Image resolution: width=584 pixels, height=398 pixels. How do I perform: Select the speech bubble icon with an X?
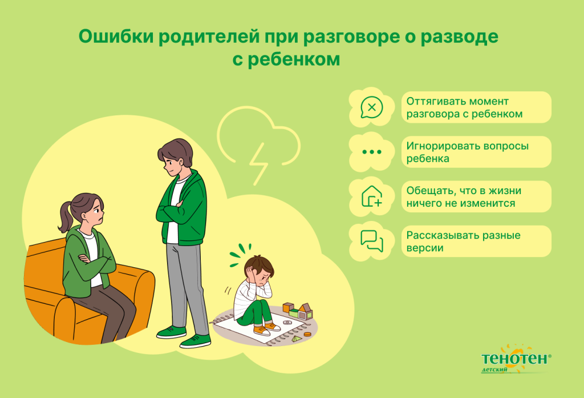click(x=371, y=107)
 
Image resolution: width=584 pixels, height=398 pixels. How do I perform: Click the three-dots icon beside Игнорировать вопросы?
click(x=371, y=152)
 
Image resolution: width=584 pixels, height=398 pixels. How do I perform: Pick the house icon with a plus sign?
click(x=371, y=196)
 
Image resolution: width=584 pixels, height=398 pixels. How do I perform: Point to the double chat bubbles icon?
click(x=371, y=241)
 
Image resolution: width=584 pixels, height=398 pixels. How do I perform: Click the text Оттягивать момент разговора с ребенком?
click(x=464, y=107)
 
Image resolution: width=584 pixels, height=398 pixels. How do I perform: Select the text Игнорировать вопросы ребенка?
click(x=467, y=152)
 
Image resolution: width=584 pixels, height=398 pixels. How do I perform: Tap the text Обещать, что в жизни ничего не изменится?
click(x=463, y=196)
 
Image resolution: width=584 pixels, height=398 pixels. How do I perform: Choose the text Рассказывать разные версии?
click(x=463, y=241)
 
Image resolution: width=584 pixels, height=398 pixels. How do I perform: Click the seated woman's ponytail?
click(x=64, y=215)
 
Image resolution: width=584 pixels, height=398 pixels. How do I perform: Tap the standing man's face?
click(x=172, y=164)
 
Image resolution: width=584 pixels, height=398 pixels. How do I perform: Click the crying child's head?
click(x=259, y=270)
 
